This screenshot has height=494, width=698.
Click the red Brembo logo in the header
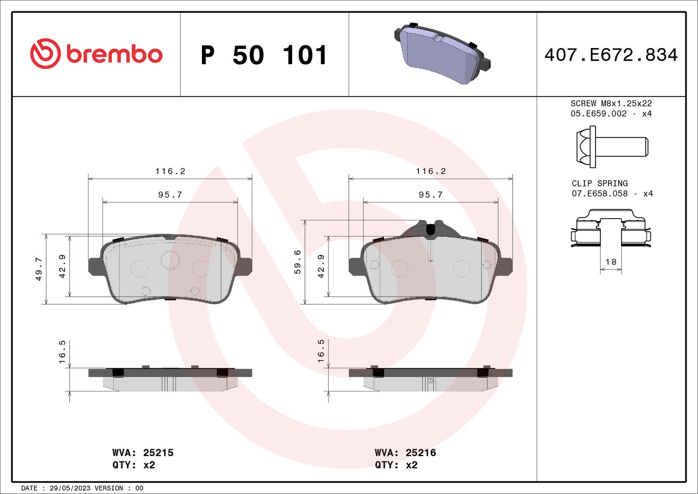click(x=96, y=54)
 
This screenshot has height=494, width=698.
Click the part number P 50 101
click(x=264, y=55)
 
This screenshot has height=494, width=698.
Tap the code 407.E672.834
click(x=611, y=55)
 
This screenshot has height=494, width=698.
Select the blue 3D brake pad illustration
click(x=442, y=53)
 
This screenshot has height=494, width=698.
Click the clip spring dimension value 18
click(x=611, y=262)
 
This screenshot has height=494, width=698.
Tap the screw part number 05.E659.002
click(x=598, y=113)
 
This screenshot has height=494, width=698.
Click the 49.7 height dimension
click(x=39, y=269)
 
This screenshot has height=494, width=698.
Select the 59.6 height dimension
click(x=298, y=262)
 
